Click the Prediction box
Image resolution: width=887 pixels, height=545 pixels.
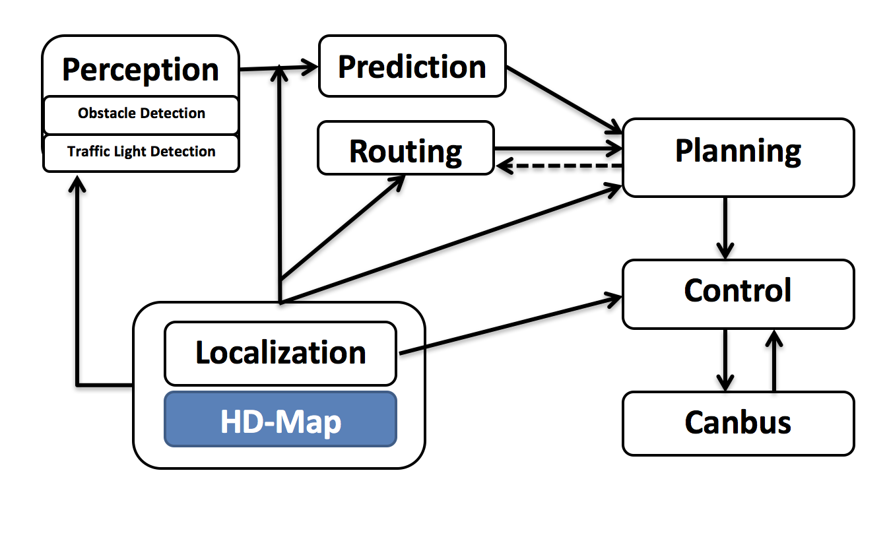coord(412,67)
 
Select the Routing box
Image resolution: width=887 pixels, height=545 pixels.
coord(405,148)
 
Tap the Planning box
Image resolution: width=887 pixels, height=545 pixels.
coord(738,157)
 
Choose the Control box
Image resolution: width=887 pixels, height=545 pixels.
coord(738,294)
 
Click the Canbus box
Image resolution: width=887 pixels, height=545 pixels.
coord(738,423)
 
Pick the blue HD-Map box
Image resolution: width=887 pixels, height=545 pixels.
coord(280,420)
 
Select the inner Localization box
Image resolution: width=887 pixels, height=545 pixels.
coord(280,354)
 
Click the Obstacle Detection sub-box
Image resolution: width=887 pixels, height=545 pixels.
coord(141,114)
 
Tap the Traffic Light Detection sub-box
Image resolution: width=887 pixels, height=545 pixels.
coord(141,152)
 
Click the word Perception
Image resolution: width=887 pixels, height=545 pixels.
coord(141,69)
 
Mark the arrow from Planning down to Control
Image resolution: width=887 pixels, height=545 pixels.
coord(725,228)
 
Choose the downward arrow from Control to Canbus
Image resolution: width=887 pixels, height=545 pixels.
coord(725,360)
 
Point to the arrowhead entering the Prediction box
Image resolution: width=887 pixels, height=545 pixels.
coord(310,66)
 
